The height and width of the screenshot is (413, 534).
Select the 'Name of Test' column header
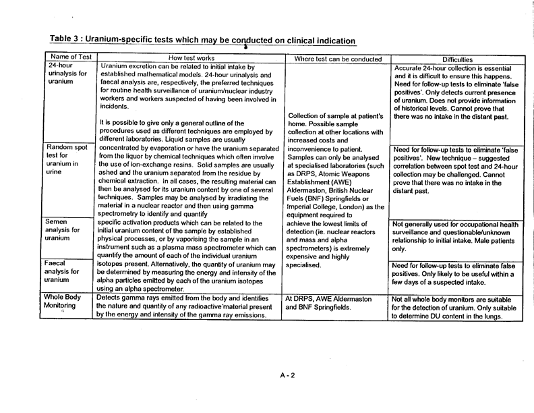[70, 58]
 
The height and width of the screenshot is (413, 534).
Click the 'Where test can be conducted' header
[333, 58]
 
